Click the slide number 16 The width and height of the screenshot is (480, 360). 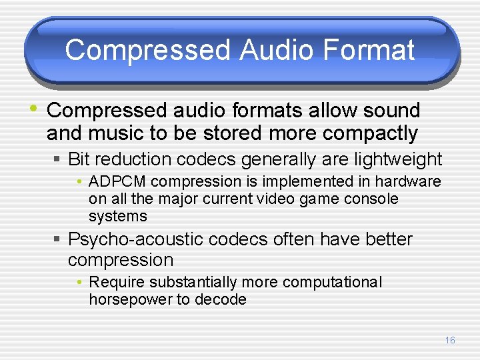[x=450, y=340]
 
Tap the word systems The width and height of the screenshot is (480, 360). [x=117, y=216]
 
